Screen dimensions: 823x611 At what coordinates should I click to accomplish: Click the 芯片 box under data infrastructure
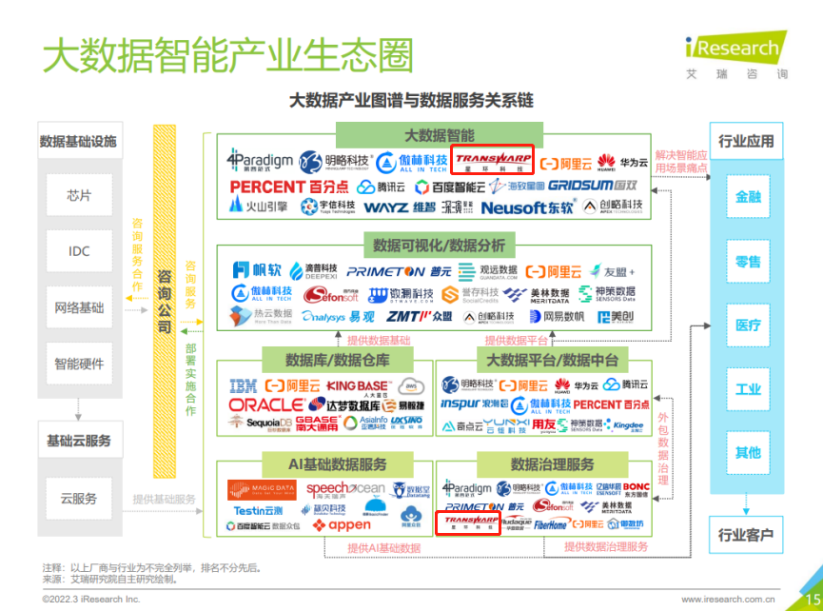tap(79, 196)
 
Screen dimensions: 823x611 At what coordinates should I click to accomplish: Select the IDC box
tap(79, 251)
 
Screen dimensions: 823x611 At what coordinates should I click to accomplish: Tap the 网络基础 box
tap(79, 307)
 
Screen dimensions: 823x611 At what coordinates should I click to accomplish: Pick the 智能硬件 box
tap(79, 363)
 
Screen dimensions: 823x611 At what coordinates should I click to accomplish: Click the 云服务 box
tap(79, 498)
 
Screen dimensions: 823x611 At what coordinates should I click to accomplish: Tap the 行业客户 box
tap(746, 535)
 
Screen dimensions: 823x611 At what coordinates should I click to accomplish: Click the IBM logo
tap(244, 385)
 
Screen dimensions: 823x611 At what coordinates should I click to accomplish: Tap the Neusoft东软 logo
tap(528, 207)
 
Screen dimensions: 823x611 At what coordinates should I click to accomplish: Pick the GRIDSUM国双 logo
tap(593, 186)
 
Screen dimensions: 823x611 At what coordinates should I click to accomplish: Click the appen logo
tap(343, 524)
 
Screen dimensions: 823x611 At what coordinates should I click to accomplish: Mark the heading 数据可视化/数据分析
tap(431, 245)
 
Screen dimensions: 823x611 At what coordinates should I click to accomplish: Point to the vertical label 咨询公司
tap(164, 300)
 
